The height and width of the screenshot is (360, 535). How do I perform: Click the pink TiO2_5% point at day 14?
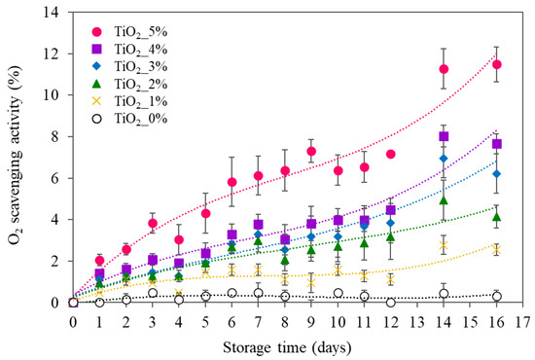tap(444, 69)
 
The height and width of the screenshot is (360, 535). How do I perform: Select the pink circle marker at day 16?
tap(496, 64)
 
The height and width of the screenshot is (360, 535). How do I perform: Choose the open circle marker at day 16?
tap(496, 296)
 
